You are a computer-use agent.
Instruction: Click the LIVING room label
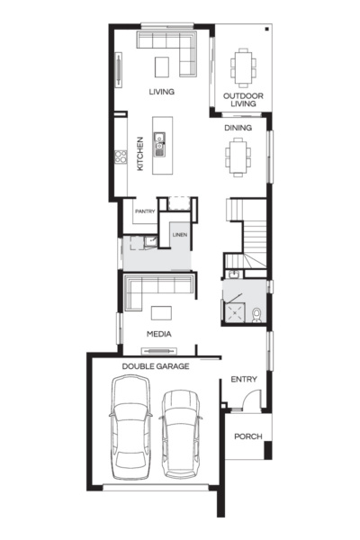162,92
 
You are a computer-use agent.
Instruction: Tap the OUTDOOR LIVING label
240,99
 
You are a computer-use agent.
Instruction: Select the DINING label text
238,128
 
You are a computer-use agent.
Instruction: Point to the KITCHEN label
140,154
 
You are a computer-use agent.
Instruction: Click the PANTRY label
145,211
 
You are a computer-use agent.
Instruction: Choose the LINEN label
179,236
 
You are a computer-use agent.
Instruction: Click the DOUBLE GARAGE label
151,366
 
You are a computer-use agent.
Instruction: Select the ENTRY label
244,380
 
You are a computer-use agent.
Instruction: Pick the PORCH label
247,436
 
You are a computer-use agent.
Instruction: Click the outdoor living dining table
241,65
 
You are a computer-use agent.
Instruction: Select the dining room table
238,160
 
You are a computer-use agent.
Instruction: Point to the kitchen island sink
159,140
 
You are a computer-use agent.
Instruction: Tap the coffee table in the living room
162,67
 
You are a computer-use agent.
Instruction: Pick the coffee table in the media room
162,312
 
